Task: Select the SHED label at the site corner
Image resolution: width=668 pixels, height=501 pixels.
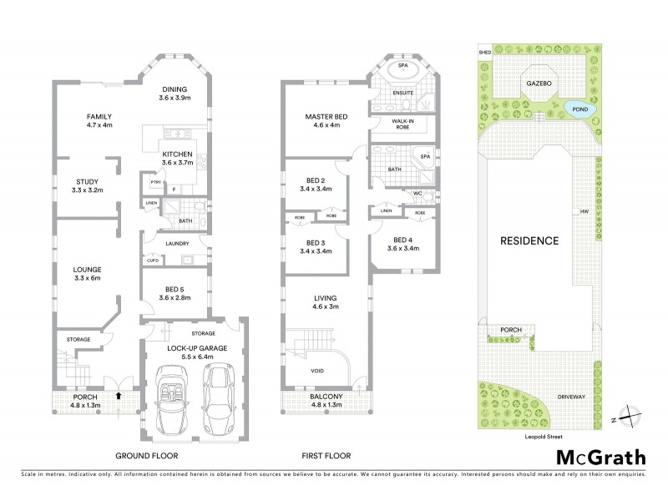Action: [x=484, y=51]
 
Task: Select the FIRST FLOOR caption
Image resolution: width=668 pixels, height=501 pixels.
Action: [x=326, y=455]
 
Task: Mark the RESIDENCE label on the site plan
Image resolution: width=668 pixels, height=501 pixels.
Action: [x=529, y=240]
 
